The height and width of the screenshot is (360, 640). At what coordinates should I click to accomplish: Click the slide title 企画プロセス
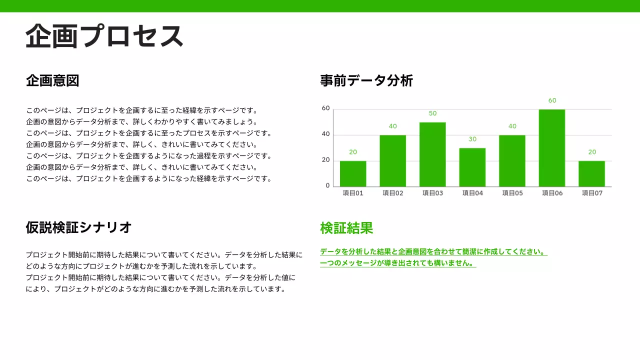(104, 36)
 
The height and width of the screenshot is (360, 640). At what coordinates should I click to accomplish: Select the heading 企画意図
(52, 80)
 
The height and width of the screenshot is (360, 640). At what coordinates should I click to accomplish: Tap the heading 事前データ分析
(366, 80)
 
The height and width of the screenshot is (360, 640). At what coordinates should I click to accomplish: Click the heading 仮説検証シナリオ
(79, 227)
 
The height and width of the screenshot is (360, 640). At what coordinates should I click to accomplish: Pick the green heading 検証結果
(346, 228)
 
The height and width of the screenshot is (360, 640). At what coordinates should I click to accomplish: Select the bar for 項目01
(353, 173)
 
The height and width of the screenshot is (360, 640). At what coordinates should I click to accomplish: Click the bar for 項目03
(432, 154)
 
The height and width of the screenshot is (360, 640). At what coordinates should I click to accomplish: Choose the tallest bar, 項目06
(552, 148)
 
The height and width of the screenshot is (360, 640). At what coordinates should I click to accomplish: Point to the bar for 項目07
(591, 173)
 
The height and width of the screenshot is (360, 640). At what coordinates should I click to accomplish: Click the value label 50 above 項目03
(432, 113)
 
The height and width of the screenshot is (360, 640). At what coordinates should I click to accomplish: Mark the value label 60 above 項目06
(552, 100)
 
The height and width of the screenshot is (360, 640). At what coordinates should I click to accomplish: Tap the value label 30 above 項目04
(472, 139)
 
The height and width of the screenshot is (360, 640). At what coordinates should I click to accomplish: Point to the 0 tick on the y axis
(327, 185)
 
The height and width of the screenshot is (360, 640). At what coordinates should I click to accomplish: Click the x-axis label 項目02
(392, 193)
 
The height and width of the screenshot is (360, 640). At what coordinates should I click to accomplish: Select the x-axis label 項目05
(512, 193)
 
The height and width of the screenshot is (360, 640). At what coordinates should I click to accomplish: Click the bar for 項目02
(393, 160)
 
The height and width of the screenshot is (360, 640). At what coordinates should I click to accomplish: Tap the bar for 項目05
(512, 160)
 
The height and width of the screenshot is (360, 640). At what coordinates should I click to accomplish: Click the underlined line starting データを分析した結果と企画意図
(433, 252)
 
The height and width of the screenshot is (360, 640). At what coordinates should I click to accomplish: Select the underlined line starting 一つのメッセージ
(397, 263)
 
